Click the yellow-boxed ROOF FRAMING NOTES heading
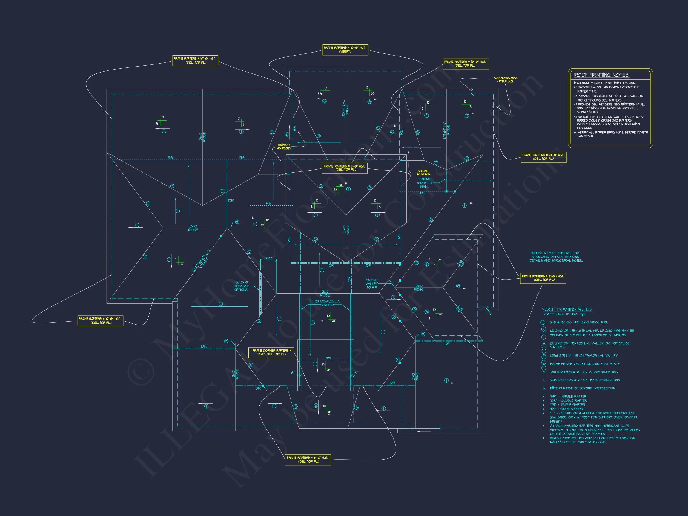tap(601, 75)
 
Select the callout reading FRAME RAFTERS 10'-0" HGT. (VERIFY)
tap(345, 50)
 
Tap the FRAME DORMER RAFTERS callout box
tap(271, 352)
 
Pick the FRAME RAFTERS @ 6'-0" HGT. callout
tap(308, 460)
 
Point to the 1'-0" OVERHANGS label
tap(505, 80)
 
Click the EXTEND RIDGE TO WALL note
tap(424, 183)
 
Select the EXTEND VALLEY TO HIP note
tap(371, 284)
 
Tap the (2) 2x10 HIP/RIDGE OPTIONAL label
tap(241, 286)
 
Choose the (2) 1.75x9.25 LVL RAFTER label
tap(327, 303)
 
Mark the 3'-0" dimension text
tap(268, 258)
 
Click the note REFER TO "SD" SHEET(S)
tap(556, 257)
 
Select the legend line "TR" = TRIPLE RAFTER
tap(568, 405)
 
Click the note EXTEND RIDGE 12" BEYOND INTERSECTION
tap(582, 388)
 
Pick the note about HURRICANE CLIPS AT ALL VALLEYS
tap(608, 98)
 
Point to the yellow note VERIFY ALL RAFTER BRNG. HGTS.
tap(611, 134)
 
